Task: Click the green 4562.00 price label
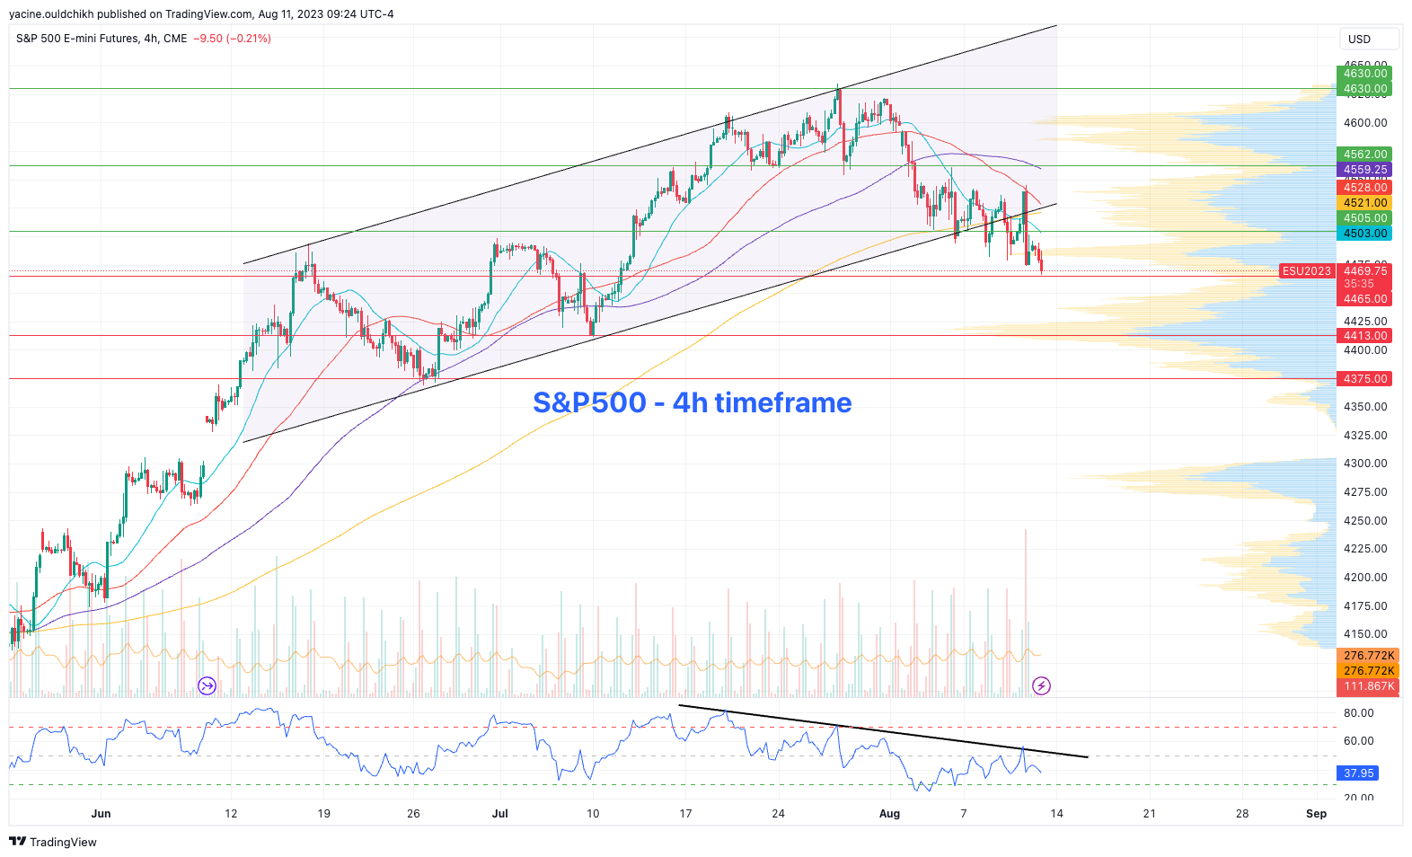pos(1365,155)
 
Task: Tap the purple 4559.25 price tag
pos(1365,170)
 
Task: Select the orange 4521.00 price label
pos(1365,203)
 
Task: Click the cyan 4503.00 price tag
pos(1365,234)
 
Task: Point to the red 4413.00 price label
pos(1365,336)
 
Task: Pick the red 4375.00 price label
pos(1365,379)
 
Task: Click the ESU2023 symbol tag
pos(1306,271)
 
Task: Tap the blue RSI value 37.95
pos(1358,773)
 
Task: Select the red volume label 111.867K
pos(1369,686)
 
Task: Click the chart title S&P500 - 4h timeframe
pos(692,402)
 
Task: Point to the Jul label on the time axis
pos(499,814)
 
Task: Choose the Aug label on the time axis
pos(889,814)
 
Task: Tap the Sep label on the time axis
pos(1316,814)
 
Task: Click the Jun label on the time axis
pos(101,814)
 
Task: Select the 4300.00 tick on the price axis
pos(1365,464)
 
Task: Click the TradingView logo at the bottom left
pos(53,842)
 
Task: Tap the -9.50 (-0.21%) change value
pos(232,39)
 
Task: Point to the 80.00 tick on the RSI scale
pos(1358,713)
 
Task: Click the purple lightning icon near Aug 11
pos(1041,686)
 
